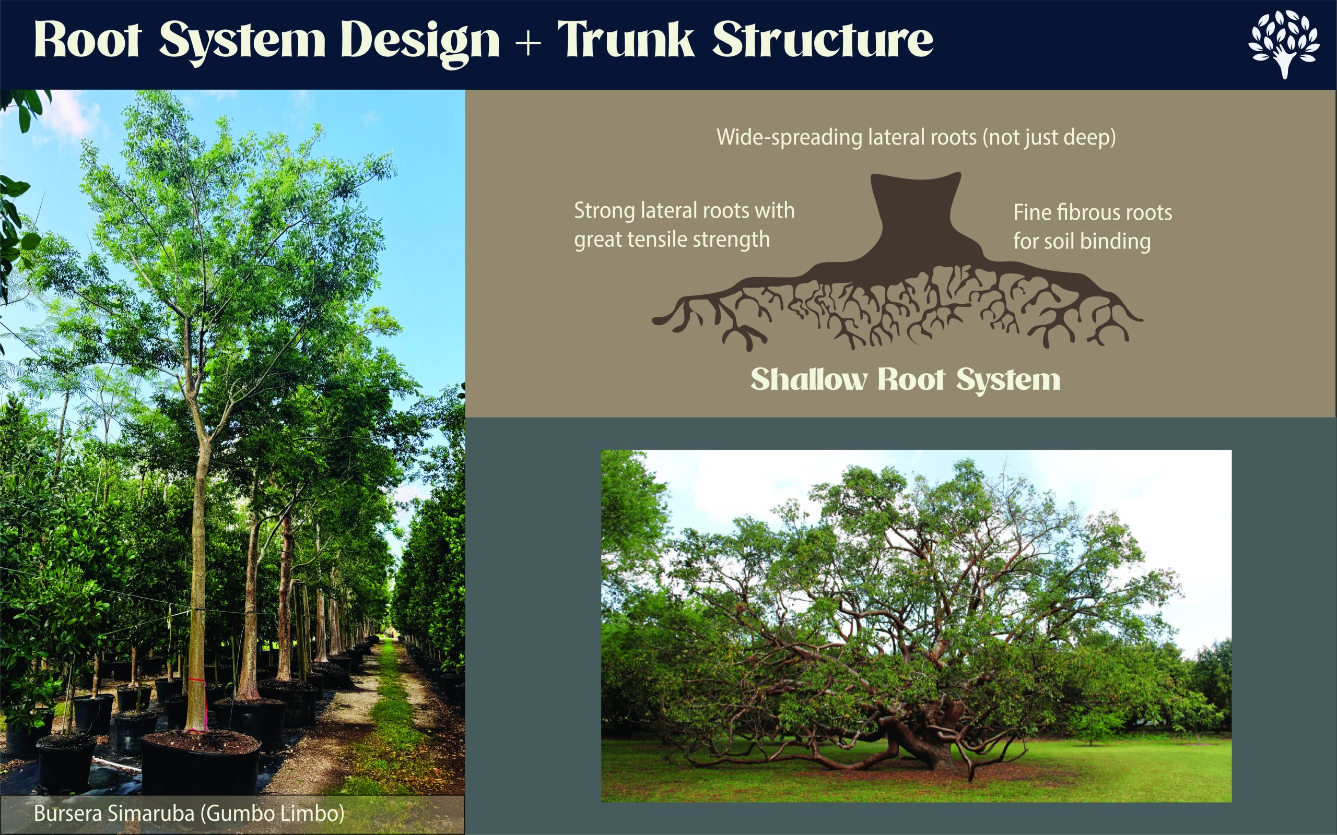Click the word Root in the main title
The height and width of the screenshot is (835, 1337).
click(x=87, y=40)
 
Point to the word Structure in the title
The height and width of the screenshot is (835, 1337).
click(x=823, y=40)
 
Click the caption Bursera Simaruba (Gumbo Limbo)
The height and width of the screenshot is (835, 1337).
click(x=189, y=814)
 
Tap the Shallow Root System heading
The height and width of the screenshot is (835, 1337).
click(x=905, y=379)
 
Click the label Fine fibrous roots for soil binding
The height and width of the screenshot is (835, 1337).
click(x=1092, y=226)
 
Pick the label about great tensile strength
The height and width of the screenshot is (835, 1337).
click(x=684, y=225)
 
